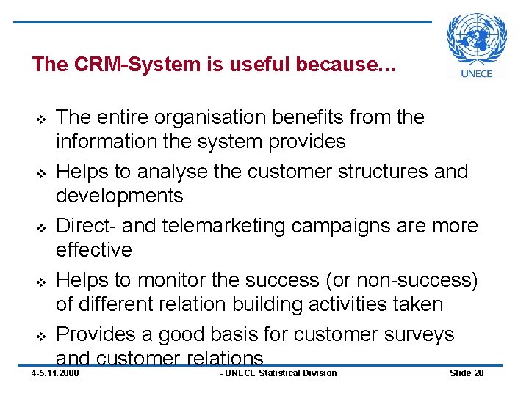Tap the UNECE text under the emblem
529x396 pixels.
point(477,73)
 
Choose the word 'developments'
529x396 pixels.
point(120,196)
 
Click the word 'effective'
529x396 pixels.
point(94,250)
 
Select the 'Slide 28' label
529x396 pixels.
point(467,373)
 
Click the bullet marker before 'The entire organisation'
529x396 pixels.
point(41,119)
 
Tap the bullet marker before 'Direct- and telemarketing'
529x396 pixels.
point(41,227)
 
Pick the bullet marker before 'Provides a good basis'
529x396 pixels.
point(41,336)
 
